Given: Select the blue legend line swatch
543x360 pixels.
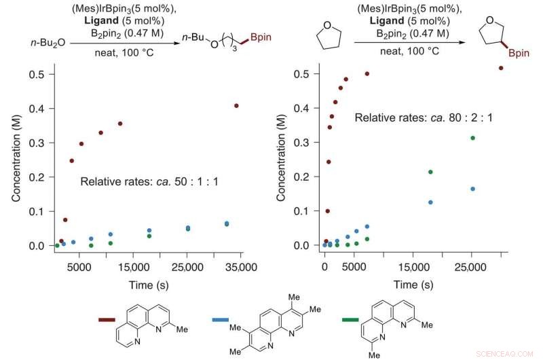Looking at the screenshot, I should [223, 319].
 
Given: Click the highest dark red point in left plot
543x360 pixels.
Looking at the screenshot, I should [236, 105].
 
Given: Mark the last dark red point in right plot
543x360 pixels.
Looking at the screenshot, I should [501, 68].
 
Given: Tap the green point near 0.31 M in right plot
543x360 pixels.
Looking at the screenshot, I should [472, 138].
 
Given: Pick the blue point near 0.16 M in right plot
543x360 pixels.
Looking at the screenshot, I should [472, 189].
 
